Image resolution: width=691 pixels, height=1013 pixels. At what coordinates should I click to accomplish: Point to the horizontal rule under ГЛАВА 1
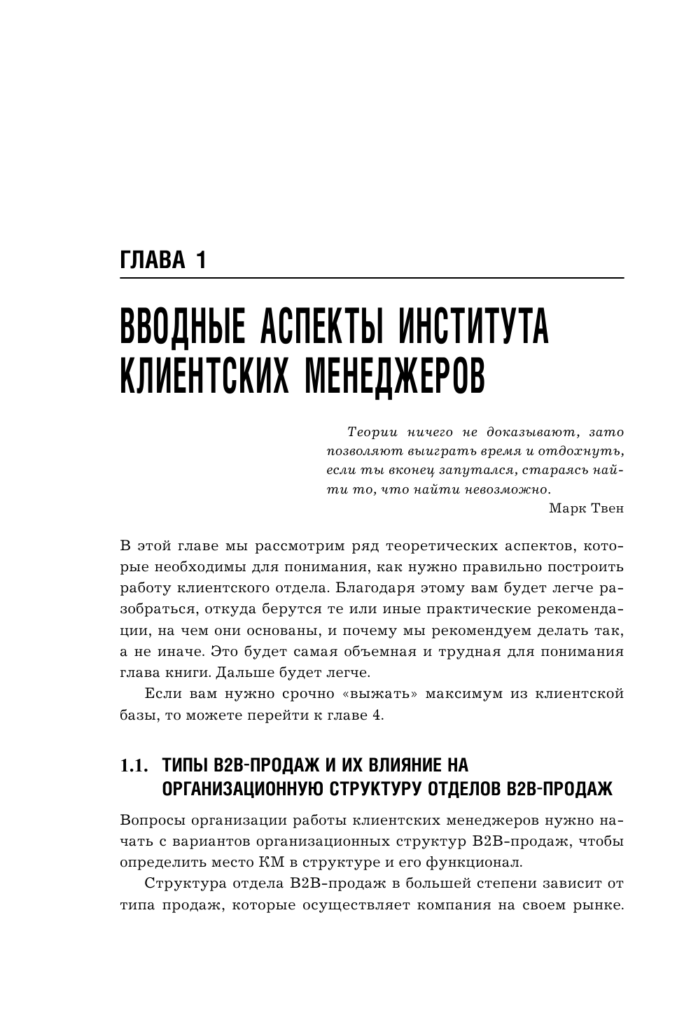click(372, 279)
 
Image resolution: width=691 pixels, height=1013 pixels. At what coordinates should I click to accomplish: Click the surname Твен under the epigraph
click(606, 508)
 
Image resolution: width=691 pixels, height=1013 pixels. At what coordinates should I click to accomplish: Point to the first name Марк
click(568, 508)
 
